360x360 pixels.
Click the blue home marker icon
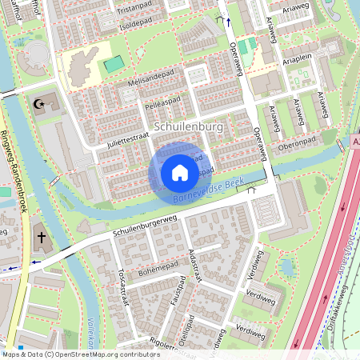click(180, 172)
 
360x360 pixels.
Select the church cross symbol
click(41, 238)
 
